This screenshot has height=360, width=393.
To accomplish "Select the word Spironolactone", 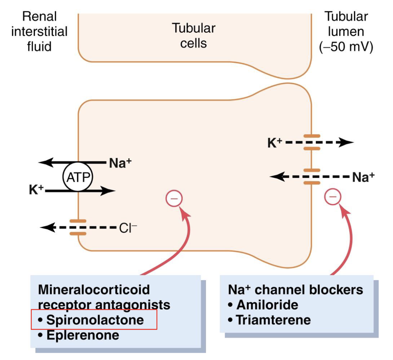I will coord(95,320).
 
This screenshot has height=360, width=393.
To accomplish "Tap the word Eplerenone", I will coord(83,335).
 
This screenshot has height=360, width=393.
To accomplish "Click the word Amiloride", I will coord(267,305).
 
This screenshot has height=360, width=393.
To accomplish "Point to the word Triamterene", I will coord(273,320).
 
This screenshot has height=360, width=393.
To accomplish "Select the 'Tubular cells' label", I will coord(194,36).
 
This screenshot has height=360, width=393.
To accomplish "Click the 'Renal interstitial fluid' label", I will coord(39,32).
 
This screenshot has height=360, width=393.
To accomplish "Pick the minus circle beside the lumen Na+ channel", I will coord(333,197).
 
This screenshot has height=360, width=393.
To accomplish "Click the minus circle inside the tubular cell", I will coord(174,199).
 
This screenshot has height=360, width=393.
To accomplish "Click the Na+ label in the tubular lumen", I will coord(363,177).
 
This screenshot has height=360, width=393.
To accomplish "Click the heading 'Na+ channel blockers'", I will coord(295,289).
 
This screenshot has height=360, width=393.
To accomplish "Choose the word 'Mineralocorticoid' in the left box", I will coord(94,289).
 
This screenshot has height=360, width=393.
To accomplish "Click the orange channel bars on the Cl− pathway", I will coord(78,227).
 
